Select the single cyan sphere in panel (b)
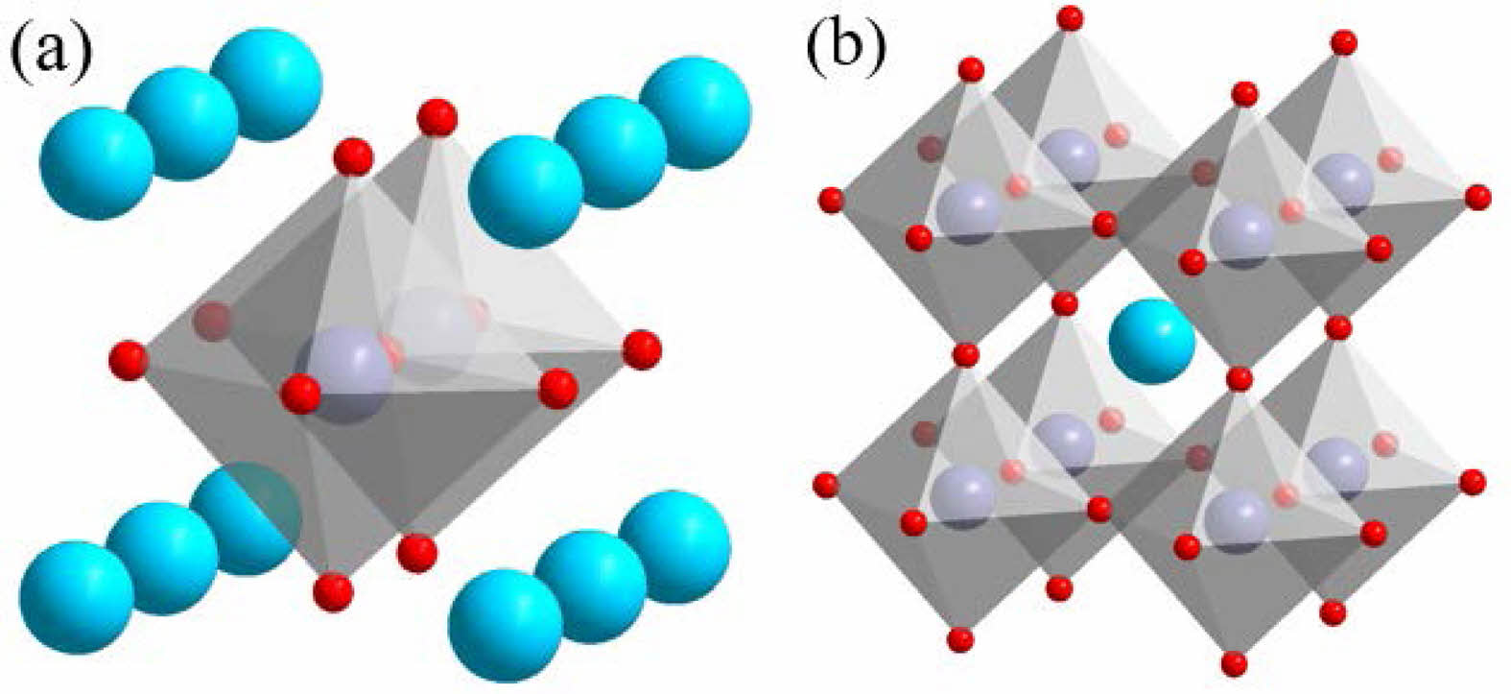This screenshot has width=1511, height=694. click(x=1152, y=341)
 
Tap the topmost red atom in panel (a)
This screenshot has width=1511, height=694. click(x=437, y=118)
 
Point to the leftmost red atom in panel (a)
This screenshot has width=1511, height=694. click(x=129, y=361)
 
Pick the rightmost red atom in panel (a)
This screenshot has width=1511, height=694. click(x=642, y=349)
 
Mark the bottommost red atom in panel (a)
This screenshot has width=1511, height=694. click(x=333, y=592)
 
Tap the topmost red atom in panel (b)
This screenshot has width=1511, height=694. click(x=1070, y=17)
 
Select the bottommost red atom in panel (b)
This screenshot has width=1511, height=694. click(x=1234, y=662)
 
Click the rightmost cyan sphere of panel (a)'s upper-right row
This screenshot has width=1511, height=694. click(x=695, y=112)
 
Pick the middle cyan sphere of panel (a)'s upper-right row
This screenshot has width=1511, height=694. click(x=611, y=152)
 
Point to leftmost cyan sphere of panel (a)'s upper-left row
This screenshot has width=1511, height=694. click(x=97, y=162)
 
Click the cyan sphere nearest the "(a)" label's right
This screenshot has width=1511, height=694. click(x=267, y=84)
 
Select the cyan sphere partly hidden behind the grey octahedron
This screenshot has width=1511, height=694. click(x=246, y=518)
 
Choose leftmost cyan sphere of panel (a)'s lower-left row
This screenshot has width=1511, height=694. click(x=76, y=597)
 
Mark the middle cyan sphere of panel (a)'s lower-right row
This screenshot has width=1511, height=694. click(x=591, y=586)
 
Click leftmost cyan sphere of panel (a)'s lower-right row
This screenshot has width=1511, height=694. click(x=506, y=627)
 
